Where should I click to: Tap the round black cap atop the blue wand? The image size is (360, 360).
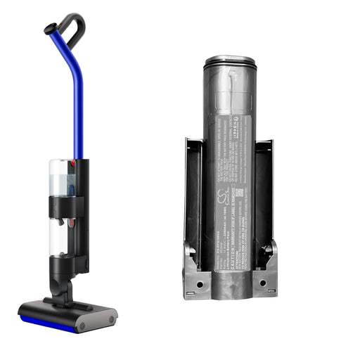[50, 29]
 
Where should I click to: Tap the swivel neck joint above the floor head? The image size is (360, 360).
[63, 289]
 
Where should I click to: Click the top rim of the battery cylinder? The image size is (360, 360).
[229, 63]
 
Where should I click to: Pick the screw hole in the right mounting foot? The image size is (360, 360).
[264, 284]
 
